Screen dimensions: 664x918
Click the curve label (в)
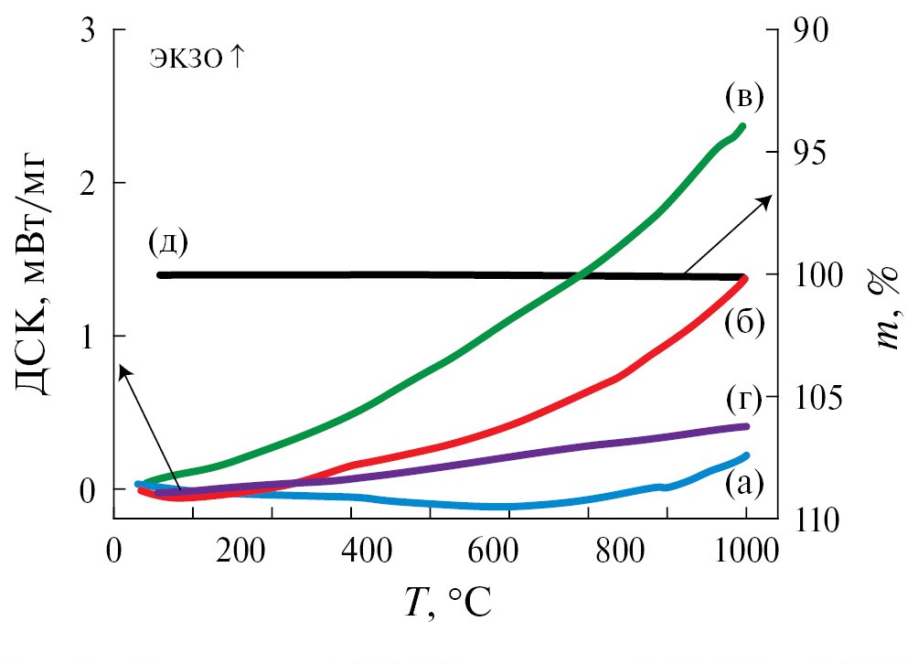coord(743,94)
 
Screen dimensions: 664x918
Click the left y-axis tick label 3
coord(89,29)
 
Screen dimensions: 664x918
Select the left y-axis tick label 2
coord(89,183)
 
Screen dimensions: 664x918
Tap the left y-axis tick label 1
coord(89,336)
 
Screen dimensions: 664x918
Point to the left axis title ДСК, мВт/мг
coord(34,274)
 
